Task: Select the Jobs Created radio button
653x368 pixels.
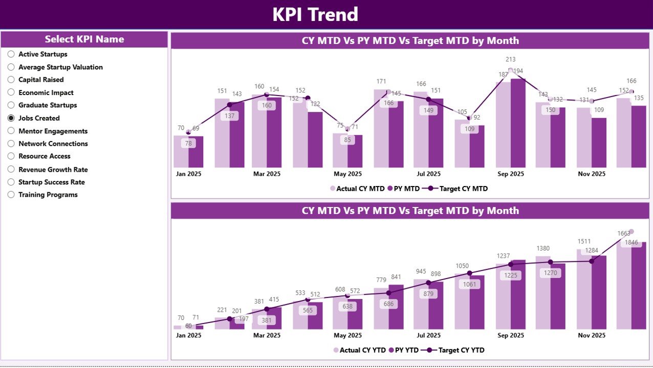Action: (11, 118)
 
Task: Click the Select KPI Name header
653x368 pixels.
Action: (84, 39)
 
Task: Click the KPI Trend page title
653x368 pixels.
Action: (315, 14)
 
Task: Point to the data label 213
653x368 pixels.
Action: (510, 60)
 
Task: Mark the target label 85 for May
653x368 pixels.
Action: (347, 140)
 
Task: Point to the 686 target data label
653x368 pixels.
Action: (388, 304)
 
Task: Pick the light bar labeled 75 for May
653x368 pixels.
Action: (340, 151)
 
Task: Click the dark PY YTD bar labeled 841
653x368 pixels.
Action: (396, 307)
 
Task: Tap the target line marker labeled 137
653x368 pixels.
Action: (230, 105)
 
